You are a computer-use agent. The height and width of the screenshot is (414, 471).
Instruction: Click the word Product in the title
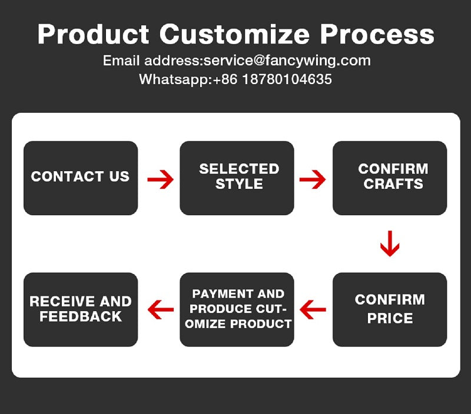click(x=93, y=34)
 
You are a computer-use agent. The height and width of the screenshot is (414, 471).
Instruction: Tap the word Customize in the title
click(x=234, y=34)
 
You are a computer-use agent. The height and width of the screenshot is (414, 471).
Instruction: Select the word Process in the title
click(x=377, y=34)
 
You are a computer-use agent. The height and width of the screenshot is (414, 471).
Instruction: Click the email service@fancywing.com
click(x=287, y=61)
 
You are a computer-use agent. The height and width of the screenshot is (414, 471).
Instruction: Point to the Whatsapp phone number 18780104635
click(x=287, y=79)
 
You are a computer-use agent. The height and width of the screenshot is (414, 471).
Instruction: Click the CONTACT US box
click(x=81, y=178)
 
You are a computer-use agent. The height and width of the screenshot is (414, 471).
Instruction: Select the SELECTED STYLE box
click(x=237, y=178)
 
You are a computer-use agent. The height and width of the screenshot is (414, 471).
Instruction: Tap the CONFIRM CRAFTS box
click(x=390, y=178)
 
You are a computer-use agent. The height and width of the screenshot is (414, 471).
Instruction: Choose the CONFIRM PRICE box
click(x=390, y=309)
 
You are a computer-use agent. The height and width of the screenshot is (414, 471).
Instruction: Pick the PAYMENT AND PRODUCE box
click(x=237, y=309)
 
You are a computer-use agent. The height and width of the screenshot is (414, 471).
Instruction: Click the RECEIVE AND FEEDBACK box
click(x=81, y=309)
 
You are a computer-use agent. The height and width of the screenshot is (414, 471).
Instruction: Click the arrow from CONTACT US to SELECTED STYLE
click(x=160, y=179)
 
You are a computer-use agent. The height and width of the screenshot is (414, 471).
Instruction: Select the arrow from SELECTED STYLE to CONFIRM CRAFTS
click(x=313, y=179)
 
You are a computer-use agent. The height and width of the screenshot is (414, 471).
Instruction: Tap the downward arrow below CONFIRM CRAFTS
click(x=390, y=243)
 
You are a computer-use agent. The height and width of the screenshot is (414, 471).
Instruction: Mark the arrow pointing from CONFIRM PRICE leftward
click(x=313, y=309)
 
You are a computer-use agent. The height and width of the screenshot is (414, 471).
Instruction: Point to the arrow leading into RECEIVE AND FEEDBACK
click(x=161, y=309)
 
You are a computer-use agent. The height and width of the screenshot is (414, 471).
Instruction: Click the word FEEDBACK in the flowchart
click(x=81, y=316)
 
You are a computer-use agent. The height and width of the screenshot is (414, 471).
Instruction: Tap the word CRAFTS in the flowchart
click(x=393, y=184)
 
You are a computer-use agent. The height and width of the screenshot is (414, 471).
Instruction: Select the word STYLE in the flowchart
click(x=239, y=184)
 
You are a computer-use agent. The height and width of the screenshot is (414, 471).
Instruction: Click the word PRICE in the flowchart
click(x=390, y=318)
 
